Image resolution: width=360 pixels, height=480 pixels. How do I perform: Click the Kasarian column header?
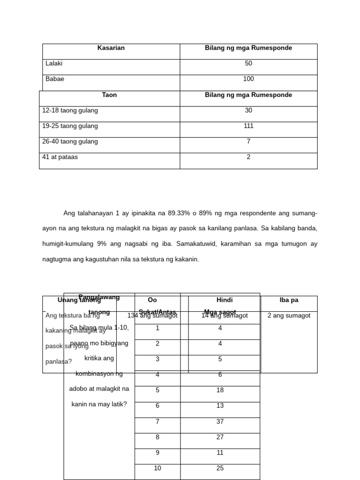(111, 48)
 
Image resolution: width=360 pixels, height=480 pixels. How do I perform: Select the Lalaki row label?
(54, 63)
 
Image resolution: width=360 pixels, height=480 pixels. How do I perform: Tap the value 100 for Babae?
(248, 79)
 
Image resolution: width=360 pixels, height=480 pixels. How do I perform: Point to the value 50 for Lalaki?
(248, 63)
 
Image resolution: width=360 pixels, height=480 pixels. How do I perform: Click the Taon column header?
(109, 95)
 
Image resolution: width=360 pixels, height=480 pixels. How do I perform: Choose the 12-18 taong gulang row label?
(70, 111)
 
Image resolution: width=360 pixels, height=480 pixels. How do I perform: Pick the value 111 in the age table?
(248, 126)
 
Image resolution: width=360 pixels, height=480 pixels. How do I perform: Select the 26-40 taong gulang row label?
(70, 141)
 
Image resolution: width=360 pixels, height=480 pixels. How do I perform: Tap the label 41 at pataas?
(60, 157)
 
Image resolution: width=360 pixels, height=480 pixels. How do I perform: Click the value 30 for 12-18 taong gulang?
(248, 111)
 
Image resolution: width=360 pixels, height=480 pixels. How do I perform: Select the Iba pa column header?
(289, 300)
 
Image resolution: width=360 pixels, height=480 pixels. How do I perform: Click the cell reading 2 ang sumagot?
(289, 315)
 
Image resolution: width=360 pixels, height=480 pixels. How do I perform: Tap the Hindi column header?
(225, 300)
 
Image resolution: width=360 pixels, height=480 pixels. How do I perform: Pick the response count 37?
(220, 421)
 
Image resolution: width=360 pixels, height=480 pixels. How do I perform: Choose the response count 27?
(220, 437)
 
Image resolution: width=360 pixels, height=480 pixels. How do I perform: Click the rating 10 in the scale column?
(157, 468)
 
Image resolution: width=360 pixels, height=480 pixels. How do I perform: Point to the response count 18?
(220, 390)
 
